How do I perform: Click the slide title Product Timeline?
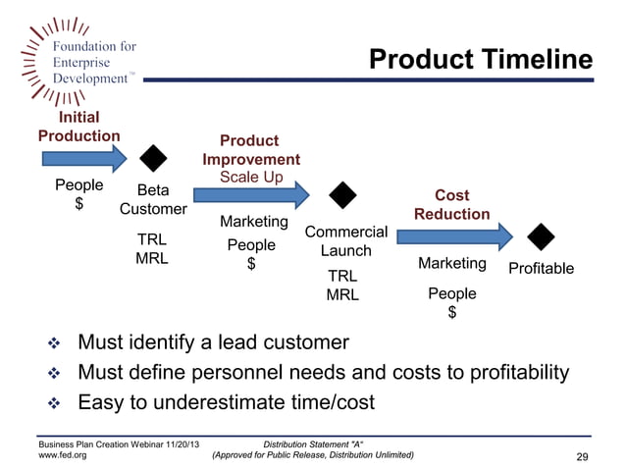pyautogui.click(x=480, y=61)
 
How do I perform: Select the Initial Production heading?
pyautogui.click(x=78, y=127)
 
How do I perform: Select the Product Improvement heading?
pyautogui.click(x=251, y=150)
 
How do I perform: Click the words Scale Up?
pyautogui.click(x=251, y=177)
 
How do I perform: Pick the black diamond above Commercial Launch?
pyautogui.click(x=342, y=195)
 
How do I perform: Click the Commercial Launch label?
pyautogui.click(x=346, y=241)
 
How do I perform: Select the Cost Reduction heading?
pyautogui.click(x=451, y=205)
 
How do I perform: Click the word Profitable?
pyautogui.click(x=541, y=268)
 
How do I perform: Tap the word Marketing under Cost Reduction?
pyautogui.click(x=451, y=263)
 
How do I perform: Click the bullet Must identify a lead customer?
pyautogui.click(x=212, y=342)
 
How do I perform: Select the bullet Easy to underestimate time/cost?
pyautogui.click(x=226, y=402)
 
